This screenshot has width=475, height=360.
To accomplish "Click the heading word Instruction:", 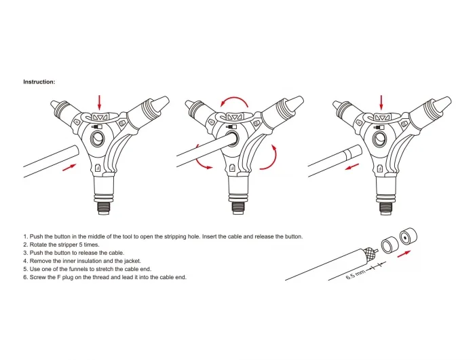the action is pos(39,82).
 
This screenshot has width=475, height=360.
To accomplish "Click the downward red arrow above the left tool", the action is pos(99,102).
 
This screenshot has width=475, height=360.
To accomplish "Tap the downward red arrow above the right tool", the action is pos(381,102).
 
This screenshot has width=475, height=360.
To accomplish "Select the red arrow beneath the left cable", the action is pos(69,167).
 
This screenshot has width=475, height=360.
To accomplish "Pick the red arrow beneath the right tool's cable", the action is pos(351,167).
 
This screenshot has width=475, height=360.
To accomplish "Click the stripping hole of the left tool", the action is pos(98,139).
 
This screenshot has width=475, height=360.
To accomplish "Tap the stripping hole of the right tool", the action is pos(379,139).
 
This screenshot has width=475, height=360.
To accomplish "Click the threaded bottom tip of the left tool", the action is pos(103,209).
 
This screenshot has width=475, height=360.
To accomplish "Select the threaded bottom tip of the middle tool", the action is pos(238,209).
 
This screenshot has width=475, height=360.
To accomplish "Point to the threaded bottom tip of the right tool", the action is pos(385,209).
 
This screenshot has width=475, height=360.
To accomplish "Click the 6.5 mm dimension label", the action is pos(356,274).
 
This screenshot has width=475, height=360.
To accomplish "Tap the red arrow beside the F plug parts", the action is pos(404,254).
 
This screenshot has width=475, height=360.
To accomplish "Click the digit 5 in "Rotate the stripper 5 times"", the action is pos(81,245).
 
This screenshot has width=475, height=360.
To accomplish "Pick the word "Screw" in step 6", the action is pos(37,277).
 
